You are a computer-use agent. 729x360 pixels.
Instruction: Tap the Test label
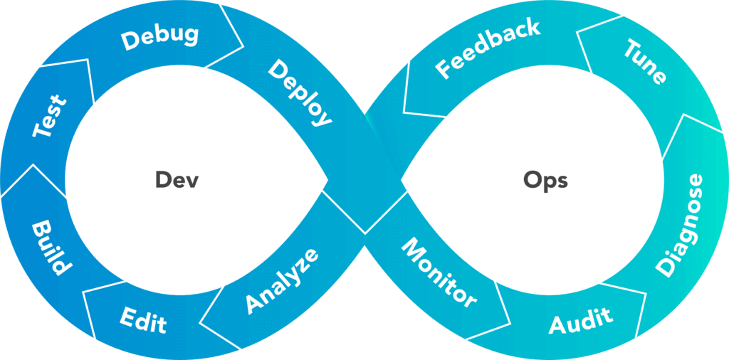51,117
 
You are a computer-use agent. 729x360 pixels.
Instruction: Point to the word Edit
143,319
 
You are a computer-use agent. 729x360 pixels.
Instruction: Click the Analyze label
282,281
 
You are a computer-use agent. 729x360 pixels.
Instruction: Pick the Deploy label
300,93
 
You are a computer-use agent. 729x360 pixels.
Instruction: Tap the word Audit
580,321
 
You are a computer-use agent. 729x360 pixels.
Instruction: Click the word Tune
645,62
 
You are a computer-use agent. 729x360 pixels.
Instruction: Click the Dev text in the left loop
177,180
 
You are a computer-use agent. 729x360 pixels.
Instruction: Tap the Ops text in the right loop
545,180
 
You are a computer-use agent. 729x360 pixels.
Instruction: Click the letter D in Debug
130,42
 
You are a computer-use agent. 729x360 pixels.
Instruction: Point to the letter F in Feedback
443,71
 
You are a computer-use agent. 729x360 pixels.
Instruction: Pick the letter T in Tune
631,48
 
